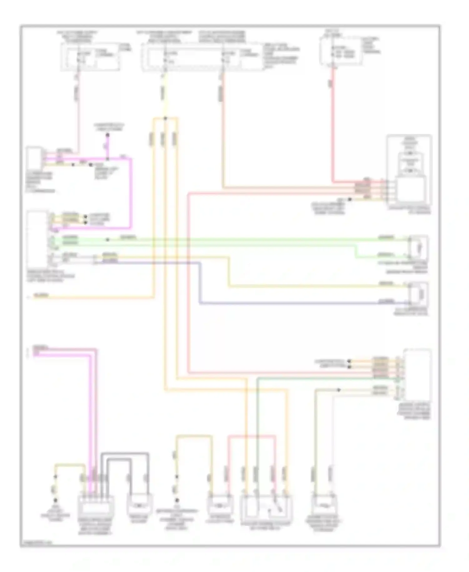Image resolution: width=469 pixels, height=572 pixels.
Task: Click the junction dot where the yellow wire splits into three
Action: pos(165,118)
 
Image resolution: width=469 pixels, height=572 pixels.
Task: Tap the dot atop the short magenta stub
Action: pos(107,135)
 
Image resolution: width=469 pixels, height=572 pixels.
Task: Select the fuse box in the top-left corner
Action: pos(90,57)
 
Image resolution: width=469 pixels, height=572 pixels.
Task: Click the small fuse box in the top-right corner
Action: pos(341,51)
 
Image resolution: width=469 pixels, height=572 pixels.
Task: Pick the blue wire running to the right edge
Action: pos(281,303)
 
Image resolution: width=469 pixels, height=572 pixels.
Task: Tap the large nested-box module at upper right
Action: pos(409,171)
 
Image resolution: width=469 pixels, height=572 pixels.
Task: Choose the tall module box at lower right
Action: pos(417,375)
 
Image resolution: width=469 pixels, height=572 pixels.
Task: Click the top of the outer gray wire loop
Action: pos(124,453)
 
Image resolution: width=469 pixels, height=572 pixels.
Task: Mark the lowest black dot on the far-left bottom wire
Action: pos(56,500)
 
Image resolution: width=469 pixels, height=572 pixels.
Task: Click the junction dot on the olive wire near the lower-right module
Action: pos(339,390)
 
